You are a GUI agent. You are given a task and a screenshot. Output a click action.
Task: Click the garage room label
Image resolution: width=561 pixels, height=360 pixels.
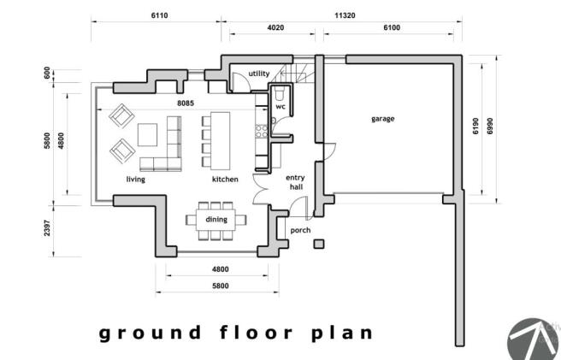(x=383, y=119)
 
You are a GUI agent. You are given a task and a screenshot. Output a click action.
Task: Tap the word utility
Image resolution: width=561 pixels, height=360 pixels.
(x=259, y=74)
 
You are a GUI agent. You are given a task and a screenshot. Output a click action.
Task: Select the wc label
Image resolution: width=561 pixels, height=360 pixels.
(x=280, y=107)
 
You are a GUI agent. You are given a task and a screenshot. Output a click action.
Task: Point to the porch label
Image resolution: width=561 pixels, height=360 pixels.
(x=300, y=231)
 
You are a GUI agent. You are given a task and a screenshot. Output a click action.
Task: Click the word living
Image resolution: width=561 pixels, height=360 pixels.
(x=136, y=180)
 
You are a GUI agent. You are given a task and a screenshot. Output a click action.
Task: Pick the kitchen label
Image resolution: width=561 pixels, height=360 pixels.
(x=225, y=180)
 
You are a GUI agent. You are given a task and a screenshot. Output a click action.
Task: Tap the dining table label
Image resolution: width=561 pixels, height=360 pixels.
(x=216, y=220)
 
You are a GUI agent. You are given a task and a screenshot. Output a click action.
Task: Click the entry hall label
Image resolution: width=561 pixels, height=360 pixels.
(x=296, y=182)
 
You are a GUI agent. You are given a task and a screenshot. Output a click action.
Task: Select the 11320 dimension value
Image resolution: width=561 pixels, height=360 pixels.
(x=345, y=15)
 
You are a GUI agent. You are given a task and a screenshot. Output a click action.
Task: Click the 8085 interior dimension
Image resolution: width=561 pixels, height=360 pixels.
(x=186, y=103)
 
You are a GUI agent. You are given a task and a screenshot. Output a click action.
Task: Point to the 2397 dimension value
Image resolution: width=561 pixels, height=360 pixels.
(x=47, y=228)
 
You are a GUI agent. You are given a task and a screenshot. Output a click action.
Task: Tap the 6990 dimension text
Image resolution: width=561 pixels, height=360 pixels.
(x=490, y=126)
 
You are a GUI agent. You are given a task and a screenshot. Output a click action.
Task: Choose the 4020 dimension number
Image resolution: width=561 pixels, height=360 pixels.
(x=275, y=27)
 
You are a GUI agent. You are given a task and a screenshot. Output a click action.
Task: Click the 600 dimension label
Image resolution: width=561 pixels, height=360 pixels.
(x=47, y=74)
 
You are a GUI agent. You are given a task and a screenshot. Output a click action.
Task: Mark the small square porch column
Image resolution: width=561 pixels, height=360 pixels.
(x=319, y=244)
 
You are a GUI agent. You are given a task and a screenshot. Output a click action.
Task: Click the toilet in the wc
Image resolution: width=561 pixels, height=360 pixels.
(x=280, y=93)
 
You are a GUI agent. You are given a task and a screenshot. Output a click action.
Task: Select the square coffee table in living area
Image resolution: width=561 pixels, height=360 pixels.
(x=147, y=135)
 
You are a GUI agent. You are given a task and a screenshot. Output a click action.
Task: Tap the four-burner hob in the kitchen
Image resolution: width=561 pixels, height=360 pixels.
(x=262, y=132)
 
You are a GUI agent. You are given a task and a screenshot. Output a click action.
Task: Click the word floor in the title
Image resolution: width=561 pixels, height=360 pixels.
(x=257, y=333)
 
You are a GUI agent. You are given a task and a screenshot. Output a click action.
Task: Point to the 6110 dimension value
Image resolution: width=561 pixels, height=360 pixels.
(x=159, y=15)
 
